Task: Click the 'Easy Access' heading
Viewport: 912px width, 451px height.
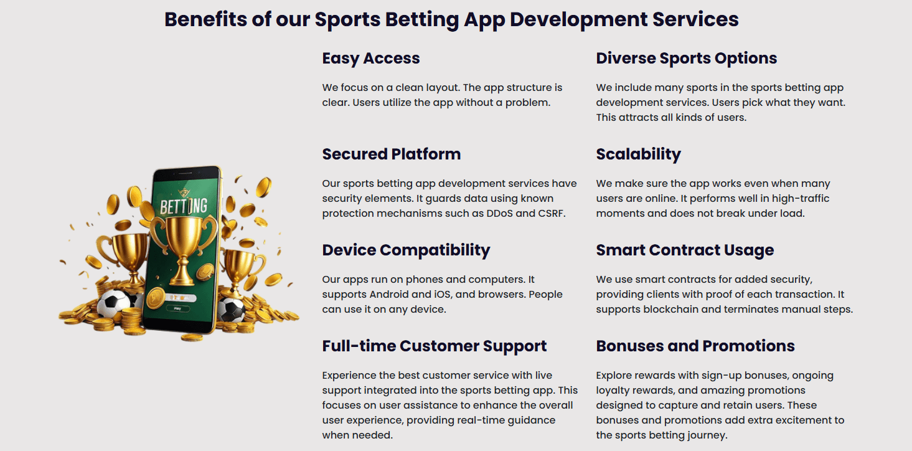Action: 371,59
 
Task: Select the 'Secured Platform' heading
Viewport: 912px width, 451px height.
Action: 391,154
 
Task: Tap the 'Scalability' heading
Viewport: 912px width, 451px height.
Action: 638,154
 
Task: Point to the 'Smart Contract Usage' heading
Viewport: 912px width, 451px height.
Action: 685,250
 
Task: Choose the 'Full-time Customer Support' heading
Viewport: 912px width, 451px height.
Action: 434,346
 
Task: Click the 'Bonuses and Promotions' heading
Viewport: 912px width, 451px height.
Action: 695,346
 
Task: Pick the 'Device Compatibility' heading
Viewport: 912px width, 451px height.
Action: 406,250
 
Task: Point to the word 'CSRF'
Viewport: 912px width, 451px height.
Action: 551,214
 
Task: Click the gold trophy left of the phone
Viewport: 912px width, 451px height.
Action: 124,255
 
